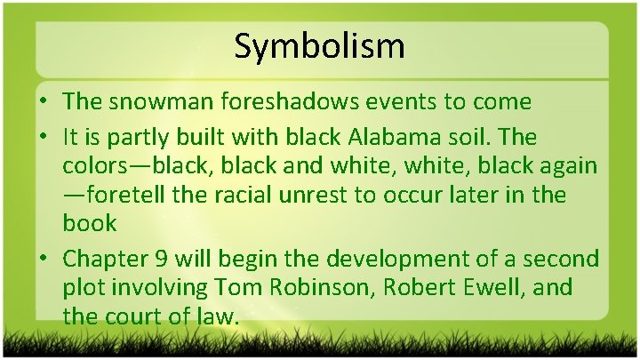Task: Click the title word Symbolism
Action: (x=319, y=45)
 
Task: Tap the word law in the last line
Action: (x=220, y=316)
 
